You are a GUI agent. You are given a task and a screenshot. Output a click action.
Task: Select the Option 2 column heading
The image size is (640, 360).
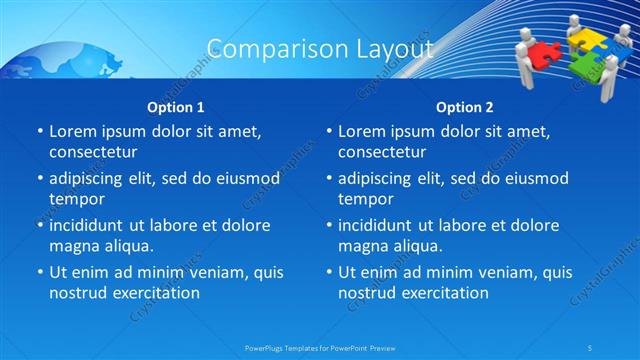[464, 107]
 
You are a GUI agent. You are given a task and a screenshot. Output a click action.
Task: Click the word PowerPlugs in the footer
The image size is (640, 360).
[267, 348]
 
